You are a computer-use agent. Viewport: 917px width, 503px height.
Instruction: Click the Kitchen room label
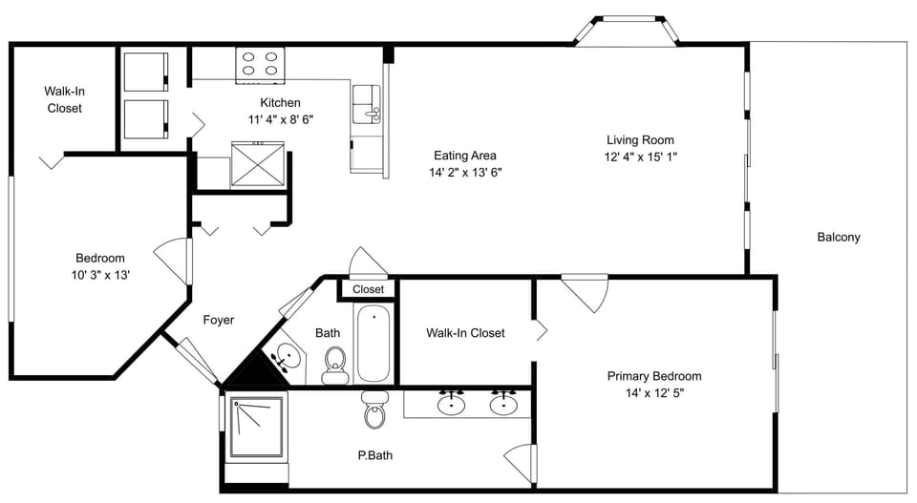click(280, 103)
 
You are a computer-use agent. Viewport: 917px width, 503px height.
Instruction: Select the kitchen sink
click(367, 104)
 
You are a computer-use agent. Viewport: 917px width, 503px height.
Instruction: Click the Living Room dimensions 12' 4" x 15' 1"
click(641, 157)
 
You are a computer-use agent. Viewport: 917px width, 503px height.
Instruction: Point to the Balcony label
click(838, 238)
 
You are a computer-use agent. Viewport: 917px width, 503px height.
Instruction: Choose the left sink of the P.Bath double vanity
click(452, 405)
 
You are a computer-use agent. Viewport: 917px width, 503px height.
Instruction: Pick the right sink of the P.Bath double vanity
click(503, 405)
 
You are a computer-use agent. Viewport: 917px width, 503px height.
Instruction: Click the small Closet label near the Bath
click(368, 289)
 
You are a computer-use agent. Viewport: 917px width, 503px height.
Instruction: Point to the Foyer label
click(219, 321)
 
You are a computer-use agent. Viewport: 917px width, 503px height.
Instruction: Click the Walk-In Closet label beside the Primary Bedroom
click(465, 333)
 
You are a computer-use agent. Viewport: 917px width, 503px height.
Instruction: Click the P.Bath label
click(373, 455)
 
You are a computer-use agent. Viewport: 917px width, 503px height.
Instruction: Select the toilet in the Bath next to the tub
click(334, 363)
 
